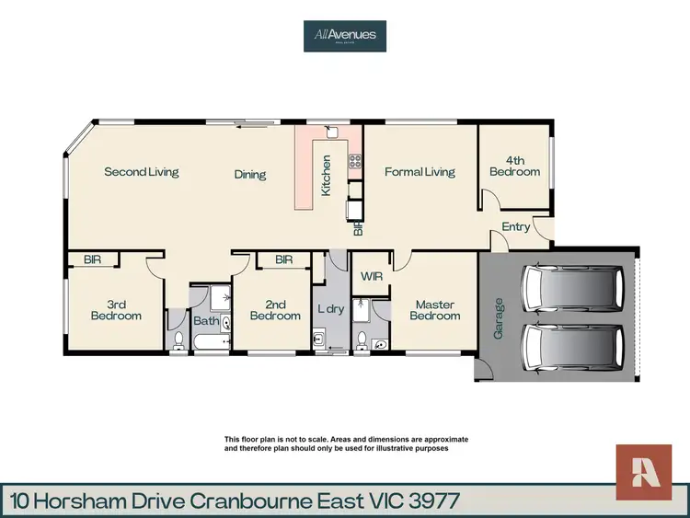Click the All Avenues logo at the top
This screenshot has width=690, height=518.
pos(345,36)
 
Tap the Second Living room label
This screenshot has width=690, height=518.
pos(141,172)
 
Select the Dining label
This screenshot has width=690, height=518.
pos(249,175)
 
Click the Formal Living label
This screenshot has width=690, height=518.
pos(420,172)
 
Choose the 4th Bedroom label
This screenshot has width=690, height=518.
pos(515,166)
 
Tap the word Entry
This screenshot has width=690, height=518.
pos(516,227)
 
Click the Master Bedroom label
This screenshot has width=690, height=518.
pos(434,310)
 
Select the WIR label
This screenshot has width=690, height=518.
pos(372,276)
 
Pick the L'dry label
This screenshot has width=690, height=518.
pos(330,309)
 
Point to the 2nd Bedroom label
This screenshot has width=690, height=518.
pos(275,310)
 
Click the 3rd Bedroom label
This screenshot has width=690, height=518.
pos(116,310)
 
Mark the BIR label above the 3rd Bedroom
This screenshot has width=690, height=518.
pos(92,260)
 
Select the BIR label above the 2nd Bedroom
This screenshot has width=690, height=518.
pos(283,260)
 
